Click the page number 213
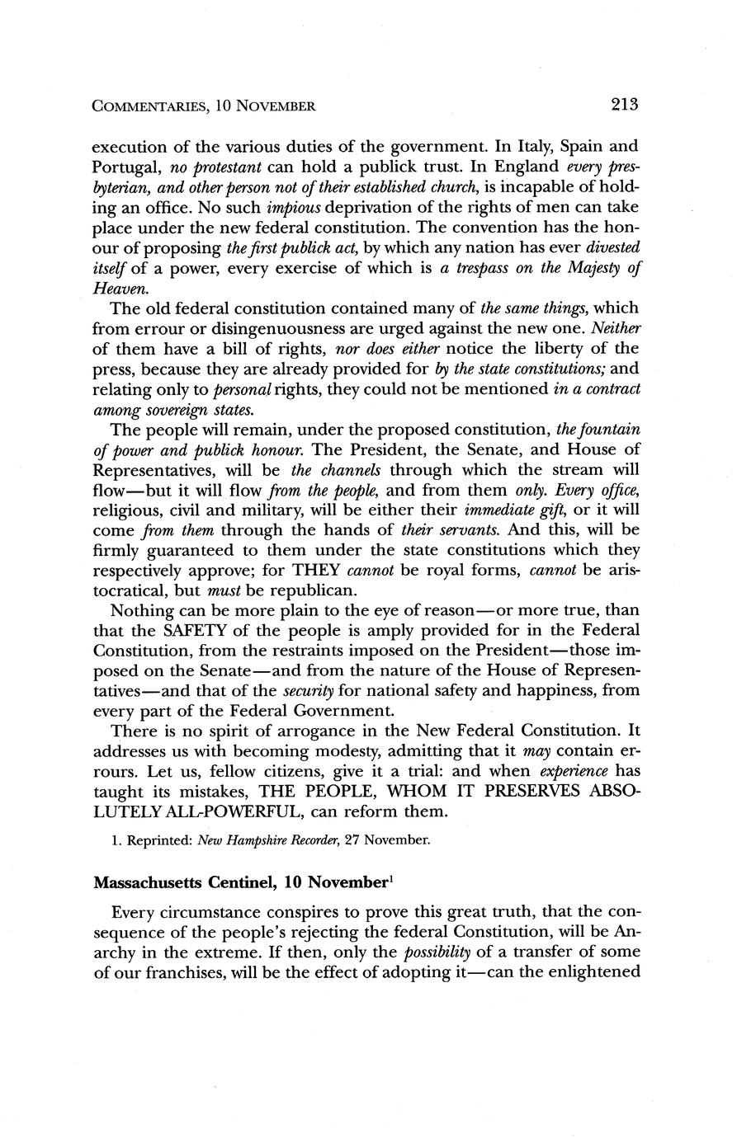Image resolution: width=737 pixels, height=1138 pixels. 626,105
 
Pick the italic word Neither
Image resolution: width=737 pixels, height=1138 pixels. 617,327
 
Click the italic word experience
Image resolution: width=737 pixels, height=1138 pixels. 574,771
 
